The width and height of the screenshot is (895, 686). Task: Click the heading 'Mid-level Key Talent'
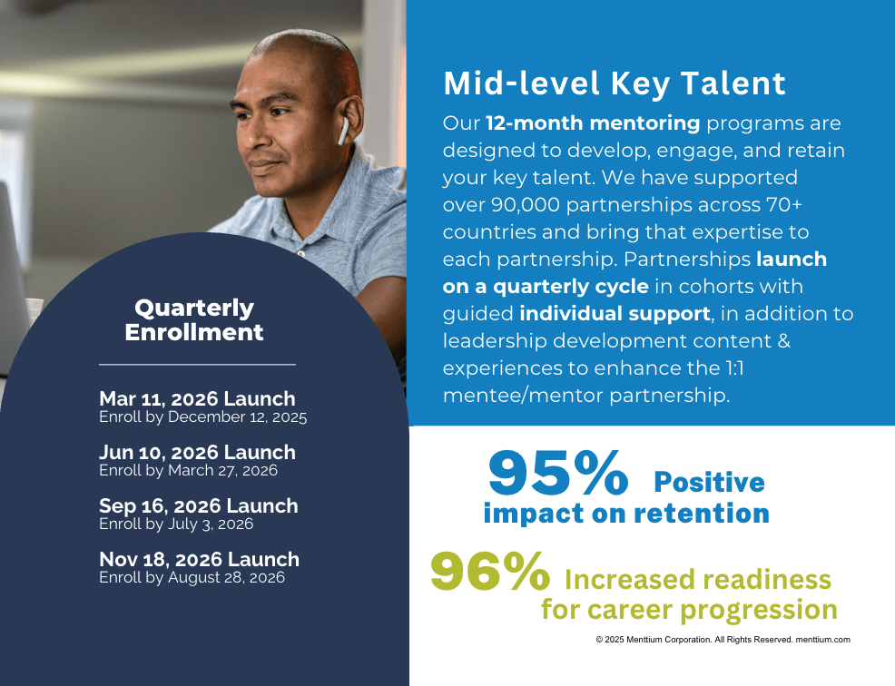(x=615, y=83)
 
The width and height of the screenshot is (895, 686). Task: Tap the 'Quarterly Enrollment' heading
(x=194, y=320)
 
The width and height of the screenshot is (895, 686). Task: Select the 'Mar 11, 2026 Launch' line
(x=197, y=398)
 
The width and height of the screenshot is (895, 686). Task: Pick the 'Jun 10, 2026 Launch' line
(x=197, y=452)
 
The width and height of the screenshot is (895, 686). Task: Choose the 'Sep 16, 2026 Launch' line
(x=198, y=505)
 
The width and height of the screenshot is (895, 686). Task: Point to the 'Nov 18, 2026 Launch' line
(x=199, y=559)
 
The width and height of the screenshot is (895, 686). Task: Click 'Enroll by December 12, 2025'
(x=202, y=417)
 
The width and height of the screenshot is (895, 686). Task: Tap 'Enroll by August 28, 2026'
(x=192, y=577)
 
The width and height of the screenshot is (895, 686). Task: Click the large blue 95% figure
(x=557, y=473)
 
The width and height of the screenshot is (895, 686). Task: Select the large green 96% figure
(x=490, y=571)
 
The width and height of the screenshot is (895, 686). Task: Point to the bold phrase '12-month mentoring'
(x=593, y=123)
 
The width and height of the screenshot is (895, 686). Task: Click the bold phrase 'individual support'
(x=615, y=313)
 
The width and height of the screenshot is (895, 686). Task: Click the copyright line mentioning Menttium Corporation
(x=723, y=640)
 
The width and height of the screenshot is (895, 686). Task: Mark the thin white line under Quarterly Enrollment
(x=198, y=364)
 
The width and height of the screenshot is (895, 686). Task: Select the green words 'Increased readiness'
(x=697, y=579)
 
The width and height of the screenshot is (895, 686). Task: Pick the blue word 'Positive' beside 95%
(x=709, y=482)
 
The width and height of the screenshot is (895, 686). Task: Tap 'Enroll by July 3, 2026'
(x=176, y=524)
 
